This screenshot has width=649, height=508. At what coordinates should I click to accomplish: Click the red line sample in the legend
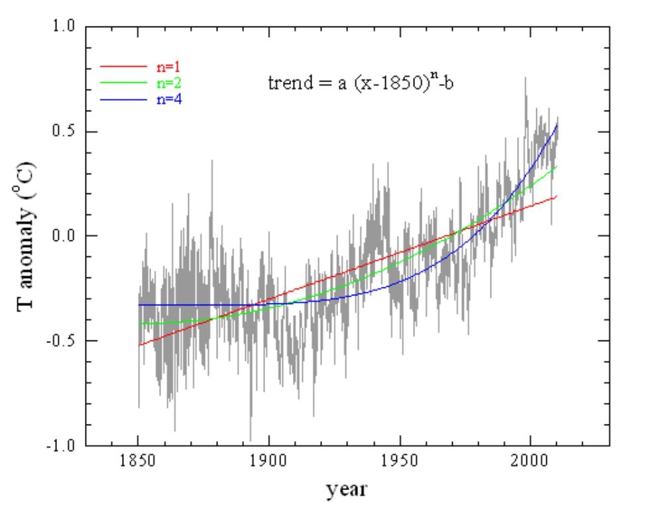[x=123, y=66]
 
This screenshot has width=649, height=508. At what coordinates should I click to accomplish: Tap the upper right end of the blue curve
[x=557, y=124]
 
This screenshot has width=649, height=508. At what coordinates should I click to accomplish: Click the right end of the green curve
[x=556, y=166]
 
